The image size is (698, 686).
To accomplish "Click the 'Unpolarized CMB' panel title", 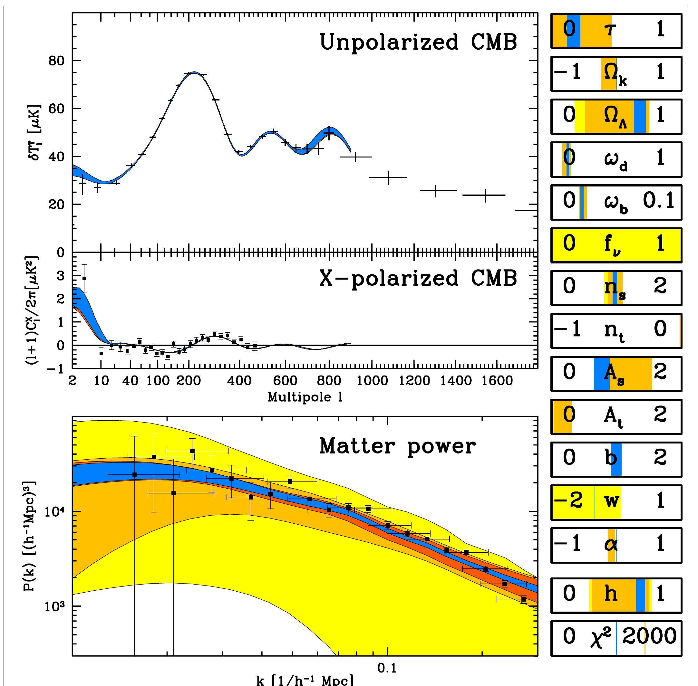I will (x=418, y=43).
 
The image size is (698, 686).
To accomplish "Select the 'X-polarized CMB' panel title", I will (x=418, y=279).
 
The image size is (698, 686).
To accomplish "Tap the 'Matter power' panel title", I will (x=398, y=447).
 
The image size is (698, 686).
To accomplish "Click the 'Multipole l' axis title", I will (x=305, y=397).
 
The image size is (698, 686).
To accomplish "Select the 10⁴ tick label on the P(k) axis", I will (x=55, y=512).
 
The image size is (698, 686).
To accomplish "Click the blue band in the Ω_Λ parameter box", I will (x=640, y=117).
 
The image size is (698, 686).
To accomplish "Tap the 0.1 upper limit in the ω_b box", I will (x=659, y=201).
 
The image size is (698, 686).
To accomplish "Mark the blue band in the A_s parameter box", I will (x=601, y=373).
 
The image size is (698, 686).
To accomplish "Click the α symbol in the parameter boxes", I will (x=611, y=544).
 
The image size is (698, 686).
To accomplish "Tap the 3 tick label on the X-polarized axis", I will (x=60, y=276).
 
